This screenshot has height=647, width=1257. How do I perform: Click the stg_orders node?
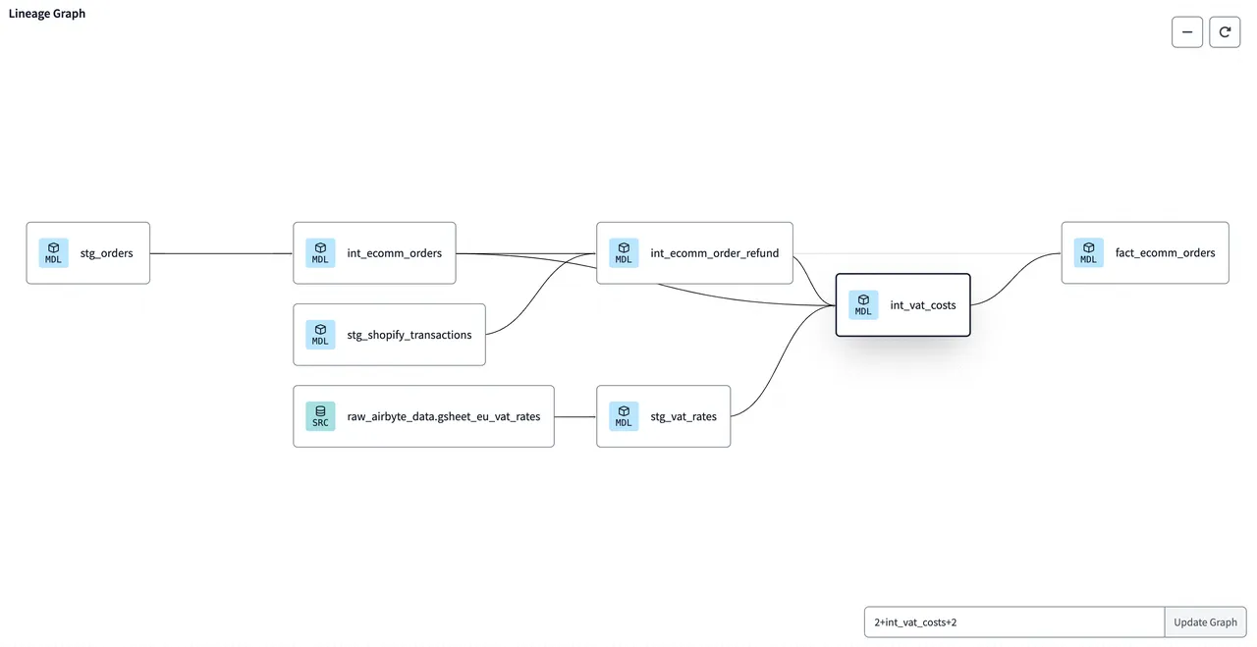coord(88,253)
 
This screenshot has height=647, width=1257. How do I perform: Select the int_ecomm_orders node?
coord(374,253)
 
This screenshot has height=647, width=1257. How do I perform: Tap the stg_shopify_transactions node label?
coord(410,335)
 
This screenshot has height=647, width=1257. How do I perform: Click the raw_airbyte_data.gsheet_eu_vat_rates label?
coord(443,416)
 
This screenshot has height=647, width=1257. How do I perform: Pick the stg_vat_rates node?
coord(663,416)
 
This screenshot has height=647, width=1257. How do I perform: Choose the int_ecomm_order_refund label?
coord(714,253)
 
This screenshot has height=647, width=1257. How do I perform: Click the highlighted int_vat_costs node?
coord(902,305)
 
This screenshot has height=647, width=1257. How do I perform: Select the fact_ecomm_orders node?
coord(1145,252)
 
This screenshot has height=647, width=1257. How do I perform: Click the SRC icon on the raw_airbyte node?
coord(320,416)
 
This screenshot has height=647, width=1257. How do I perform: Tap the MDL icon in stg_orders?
coord(53,253)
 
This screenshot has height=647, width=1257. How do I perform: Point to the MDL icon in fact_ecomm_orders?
coord(1089,252)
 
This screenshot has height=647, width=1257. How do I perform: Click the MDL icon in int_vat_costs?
coord(863,305)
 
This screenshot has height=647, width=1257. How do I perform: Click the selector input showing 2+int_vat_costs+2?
coord(1014,622)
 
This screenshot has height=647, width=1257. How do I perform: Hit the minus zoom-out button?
coord(1187,32)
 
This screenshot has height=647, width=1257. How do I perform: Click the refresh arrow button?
coord(1225,32)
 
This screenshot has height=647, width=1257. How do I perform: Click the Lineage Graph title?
coord(47,14)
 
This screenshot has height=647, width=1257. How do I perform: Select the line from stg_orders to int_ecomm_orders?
coord(221,253)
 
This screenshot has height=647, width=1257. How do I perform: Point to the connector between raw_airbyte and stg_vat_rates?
coord(575,417)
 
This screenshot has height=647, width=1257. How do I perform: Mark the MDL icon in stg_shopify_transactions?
coord(320,335)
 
